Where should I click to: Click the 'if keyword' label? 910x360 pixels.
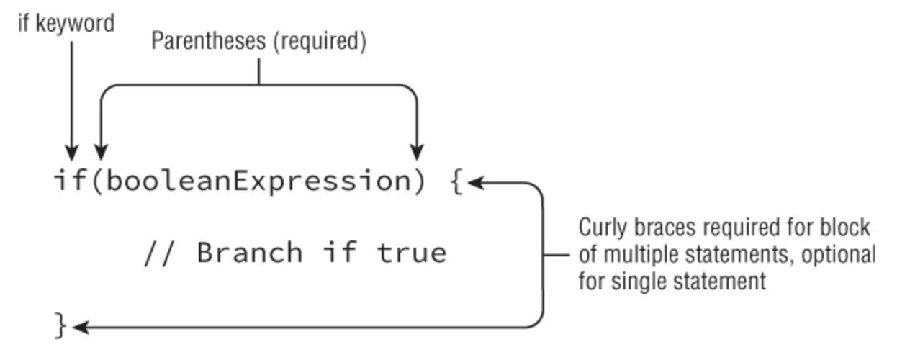tap(66, 23)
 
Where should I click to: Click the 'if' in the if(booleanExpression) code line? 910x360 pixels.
tap(71, 181)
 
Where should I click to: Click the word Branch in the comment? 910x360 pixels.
tap(249, 253)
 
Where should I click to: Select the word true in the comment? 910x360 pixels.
tap(410, 253)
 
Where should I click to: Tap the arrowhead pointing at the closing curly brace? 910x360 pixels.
tap(79, 328)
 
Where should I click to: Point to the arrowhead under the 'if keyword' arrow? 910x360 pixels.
tap(71, 153)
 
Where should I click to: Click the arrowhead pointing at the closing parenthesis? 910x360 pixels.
tap(416, 153)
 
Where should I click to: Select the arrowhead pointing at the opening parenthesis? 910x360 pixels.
tap(100, 153)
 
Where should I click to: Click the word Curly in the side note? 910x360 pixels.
tap(600, 229)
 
